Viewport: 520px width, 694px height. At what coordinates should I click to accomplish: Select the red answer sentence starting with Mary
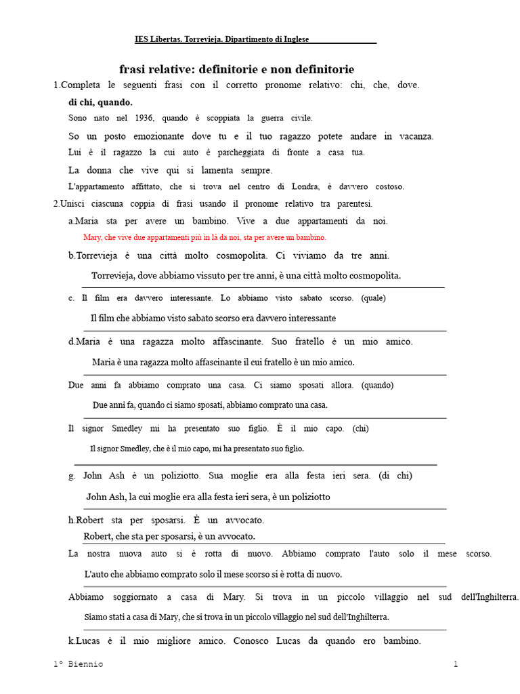pyautogui.click(x=204, y=237)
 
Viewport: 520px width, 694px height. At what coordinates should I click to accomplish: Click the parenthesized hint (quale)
pyautogui.click(x=374, y=298)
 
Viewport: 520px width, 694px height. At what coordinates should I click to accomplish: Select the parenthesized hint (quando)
pyautogui.click(x=377, y=385)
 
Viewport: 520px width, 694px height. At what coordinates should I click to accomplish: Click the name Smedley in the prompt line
pyautogui.click(x=127, y=428)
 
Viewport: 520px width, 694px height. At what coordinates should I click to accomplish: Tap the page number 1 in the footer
pyautogui.click(x=456, y=664)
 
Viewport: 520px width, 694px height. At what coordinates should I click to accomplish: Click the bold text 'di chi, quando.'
pyautogui.click(x=100, y=102)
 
